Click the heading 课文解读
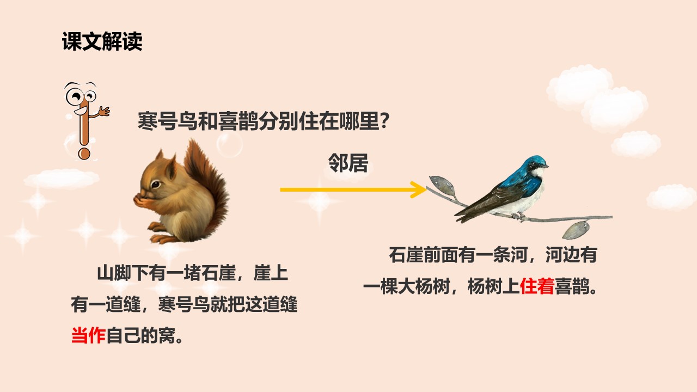(102, 42)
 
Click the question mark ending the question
(383, 120)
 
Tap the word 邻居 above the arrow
(348, 163)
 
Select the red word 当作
(88, 335)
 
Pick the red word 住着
(537, 286)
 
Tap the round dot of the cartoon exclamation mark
(84, 153)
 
